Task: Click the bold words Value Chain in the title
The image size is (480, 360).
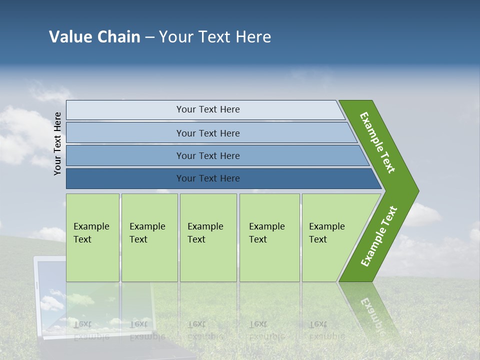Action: tap(94, 37)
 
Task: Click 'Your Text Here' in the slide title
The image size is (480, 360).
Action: tap(215, 37)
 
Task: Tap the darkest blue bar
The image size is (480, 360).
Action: tap(125, 178)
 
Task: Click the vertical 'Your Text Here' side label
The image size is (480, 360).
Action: tap(57, 143)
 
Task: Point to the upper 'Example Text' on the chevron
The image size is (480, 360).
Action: tap(377, 142)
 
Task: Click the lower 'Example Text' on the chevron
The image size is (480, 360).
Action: tap(379, 236)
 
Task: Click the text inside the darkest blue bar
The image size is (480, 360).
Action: tap(208, 178)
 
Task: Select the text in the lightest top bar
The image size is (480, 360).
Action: tap(208, 109)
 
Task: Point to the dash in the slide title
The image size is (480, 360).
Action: tap(149, 37)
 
